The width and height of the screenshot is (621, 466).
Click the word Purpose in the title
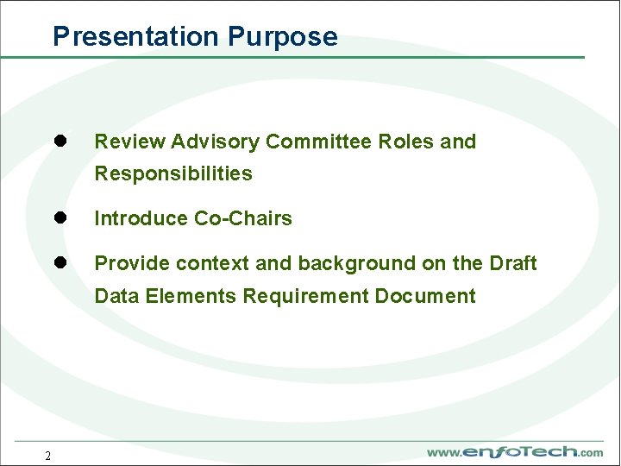(x=283, y=36)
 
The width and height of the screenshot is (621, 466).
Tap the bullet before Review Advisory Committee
(x=61, y=141)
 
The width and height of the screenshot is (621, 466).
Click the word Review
(x=129, y=142)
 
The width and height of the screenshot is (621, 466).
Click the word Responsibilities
(x=173, y=173)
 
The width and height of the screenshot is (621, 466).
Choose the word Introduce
(x=141, y=218)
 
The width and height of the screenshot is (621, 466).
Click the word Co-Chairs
(x=242, y=218)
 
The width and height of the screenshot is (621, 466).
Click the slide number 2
(x=48, y=456)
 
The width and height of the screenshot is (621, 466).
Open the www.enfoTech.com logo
(x=515, y=452)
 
